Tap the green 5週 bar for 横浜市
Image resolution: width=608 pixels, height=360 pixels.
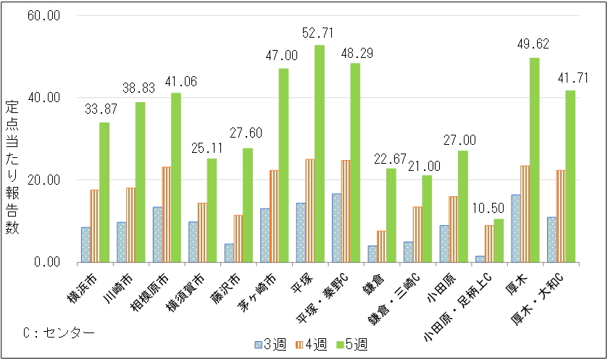[x=104, y=192]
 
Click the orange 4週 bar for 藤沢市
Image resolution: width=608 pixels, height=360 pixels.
[x=238, y=238]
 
